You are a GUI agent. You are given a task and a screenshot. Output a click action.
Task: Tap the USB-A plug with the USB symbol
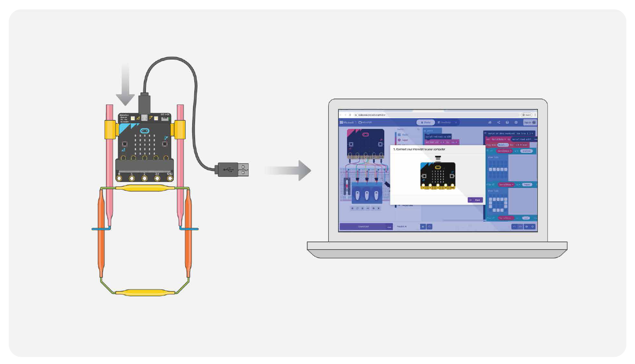tap(233, 170)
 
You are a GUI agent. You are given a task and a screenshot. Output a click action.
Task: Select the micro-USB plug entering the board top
tap(144, 103)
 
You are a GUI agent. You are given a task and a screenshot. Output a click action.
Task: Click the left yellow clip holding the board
tap(110, 129)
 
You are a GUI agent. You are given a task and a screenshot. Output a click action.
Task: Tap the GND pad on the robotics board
tap(170, 178)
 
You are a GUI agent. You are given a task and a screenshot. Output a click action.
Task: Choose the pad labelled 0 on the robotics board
tap(119, 178)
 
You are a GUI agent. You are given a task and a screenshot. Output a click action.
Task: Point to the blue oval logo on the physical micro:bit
tap(144, 131)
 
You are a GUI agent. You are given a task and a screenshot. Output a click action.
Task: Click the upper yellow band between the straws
tap(145, 188)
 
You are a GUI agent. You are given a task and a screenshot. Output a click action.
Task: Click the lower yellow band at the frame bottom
tap(145, 293)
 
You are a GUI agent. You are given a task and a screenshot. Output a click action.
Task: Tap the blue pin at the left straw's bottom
tap(101, 229)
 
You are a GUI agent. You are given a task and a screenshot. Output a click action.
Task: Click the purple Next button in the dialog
tap(475, 200)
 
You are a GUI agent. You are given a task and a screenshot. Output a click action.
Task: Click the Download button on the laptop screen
tap(363, 227)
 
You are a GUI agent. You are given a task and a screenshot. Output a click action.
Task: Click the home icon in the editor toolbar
tap(490, 122)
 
